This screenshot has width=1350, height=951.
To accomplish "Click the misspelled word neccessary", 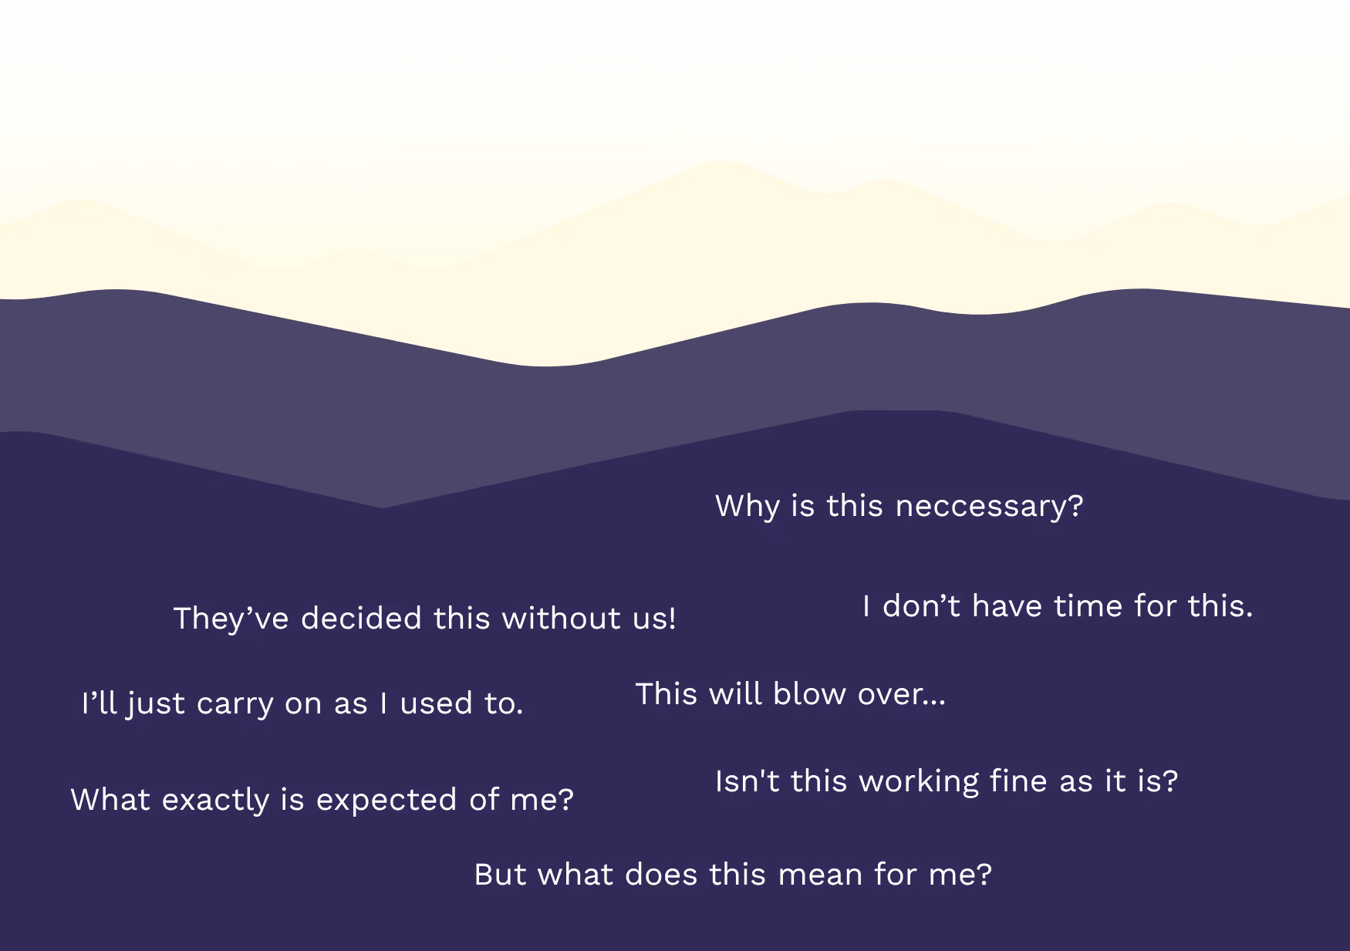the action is coord(989,507).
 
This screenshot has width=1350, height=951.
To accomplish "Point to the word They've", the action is coord(231,619).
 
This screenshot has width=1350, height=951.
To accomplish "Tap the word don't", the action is coord(921,606).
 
